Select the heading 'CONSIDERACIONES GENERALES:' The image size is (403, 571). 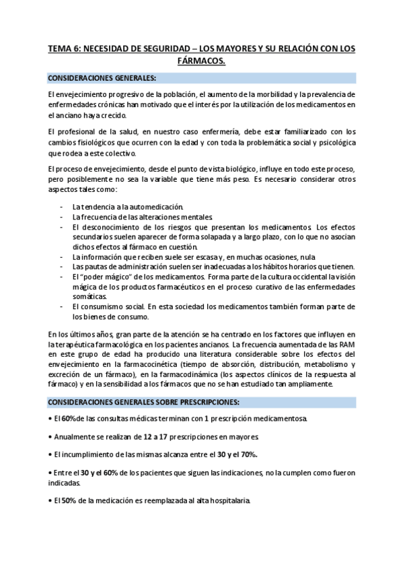(101, 78)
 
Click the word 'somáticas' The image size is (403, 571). (89, 296)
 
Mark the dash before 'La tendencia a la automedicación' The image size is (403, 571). (62, 206)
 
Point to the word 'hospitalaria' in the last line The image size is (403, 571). (228, 502)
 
